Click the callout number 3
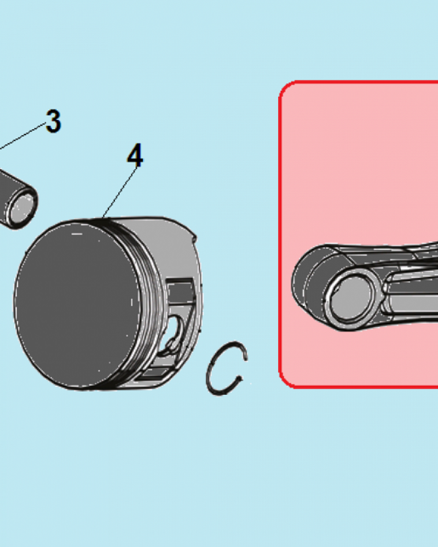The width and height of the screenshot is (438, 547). tap(54, 121)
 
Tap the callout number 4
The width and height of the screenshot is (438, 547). tap(135, 155)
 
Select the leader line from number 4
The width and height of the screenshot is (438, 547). tap(119, 193)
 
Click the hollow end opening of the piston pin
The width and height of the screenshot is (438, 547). tap(22, 208)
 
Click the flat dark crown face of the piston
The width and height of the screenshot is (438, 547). tap(77, 305)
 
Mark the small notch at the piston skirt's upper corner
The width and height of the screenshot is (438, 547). tap(194, 238)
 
